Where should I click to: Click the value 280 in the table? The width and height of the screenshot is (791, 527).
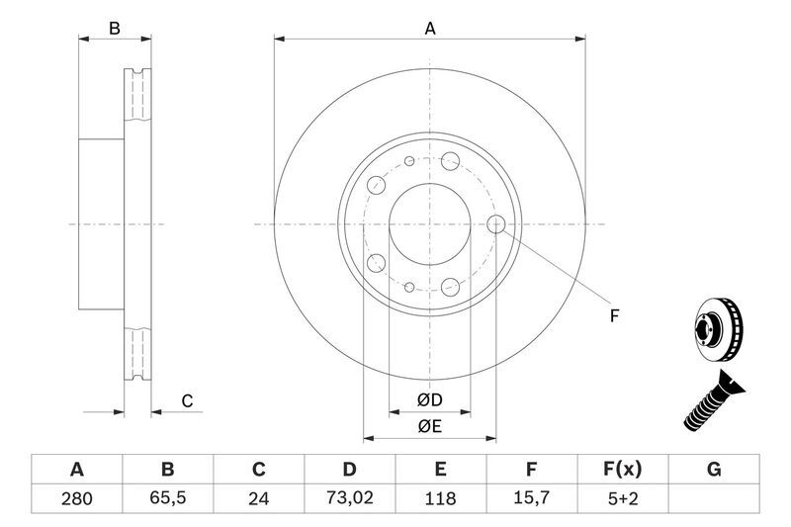pyautogui.click(x=76, y=499)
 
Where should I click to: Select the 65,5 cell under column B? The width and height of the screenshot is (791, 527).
pyautogui.click(x=167, y=499)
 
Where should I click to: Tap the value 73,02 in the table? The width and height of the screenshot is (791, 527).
pyautogui.click(x=349, y=499)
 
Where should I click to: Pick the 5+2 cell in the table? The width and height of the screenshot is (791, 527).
pyautogui.click(x=622, y=499)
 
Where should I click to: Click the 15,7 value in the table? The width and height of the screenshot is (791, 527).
pyautogui.click(x=531, y=499)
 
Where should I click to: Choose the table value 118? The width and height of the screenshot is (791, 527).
pyautogui.click(x=440, y=499)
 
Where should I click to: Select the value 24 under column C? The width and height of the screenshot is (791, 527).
pyautogui.click(x=258, y=499)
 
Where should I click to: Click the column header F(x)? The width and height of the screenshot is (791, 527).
pyautogui.click(x=622, y=469)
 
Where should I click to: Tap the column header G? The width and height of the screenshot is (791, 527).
pyautogui.click(x=713, y=469)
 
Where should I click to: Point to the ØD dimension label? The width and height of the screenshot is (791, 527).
pyautogui.click(x=428, y=399)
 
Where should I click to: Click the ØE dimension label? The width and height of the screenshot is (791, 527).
pyautogui.click(x=428, y=426)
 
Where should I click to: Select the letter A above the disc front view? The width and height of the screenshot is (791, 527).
pyautogui.click(x=430, y=29)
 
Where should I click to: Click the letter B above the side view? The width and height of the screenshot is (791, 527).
pyautogui.click(x=115, y=29)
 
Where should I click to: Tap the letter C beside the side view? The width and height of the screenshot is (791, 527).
pyautogui.click(x=186, y=400)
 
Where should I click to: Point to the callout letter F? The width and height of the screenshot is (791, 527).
pyautogui.click(x=614, y=316)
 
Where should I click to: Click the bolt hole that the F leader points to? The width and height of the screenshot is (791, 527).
pyautogui.click(x=496, y=224)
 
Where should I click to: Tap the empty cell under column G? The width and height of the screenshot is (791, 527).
pyautogui.click(x=713, y=499)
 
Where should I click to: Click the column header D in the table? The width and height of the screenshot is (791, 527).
pyautogui.click(x=349, y=469)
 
